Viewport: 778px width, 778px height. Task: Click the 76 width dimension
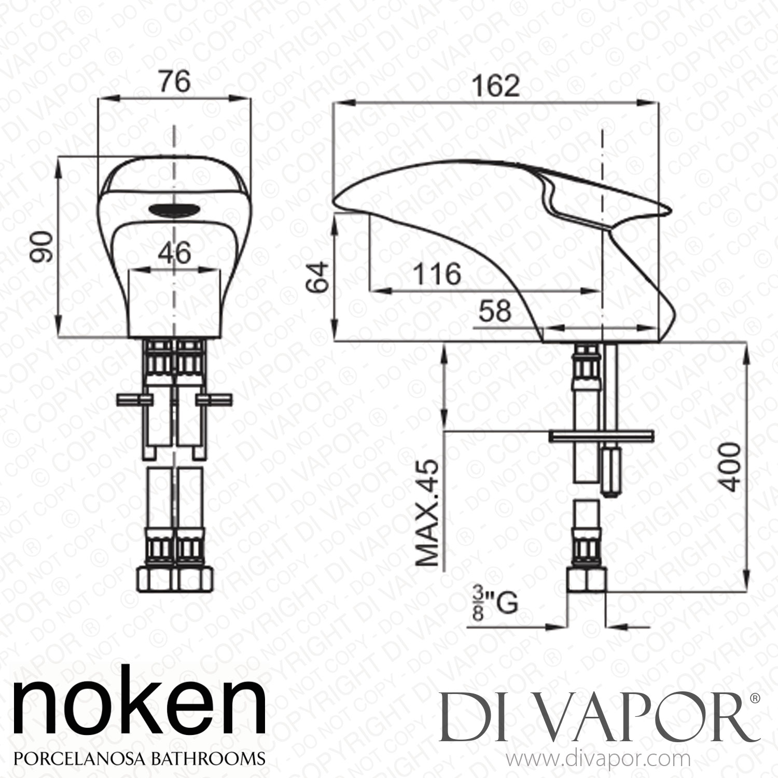(x=174, y=81)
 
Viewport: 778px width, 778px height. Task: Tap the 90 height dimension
(x=44, y=247)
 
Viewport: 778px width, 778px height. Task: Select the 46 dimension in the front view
(x=174, y=254)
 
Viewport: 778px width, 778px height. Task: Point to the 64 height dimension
(x=317, y=278)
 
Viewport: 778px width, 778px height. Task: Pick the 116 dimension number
(x=437, y=274)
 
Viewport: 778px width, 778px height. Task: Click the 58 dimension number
(x=495, y=311)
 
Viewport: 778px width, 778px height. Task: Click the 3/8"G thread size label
(x=495, y=605)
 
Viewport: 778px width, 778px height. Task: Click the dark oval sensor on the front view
(x=174, y=210)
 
